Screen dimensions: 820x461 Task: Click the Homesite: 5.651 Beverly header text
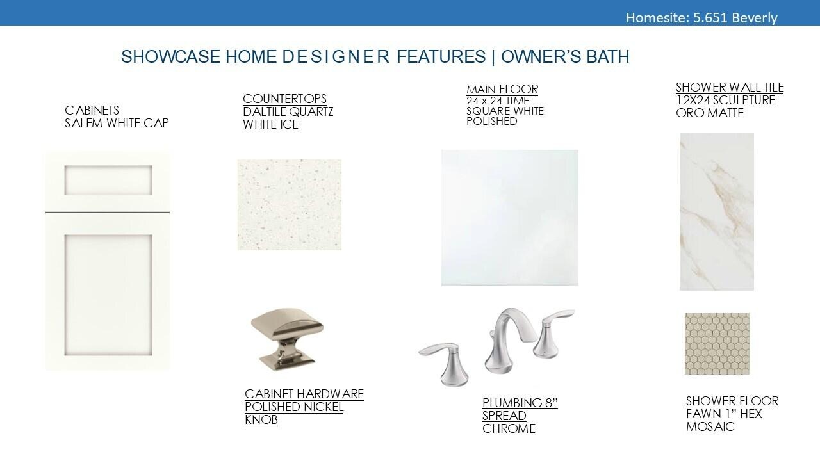click(x=701, y=17)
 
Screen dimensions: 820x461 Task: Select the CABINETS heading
click(x=92, y=110)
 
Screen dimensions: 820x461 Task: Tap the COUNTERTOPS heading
click(x=284, y=99)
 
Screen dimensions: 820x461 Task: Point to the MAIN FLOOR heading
click(x=502, y=89)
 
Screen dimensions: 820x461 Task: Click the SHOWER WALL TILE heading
click(x=730, y=88)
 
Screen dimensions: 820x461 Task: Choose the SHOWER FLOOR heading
click(x=732, y=401)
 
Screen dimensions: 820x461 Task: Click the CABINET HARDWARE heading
click(x=304, y=394)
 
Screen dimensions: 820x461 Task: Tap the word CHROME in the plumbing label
click(x=509, y=428)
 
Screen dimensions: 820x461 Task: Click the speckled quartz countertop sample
click(x=289, y=205)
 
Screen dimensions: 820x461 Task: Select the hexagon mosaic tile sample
click(x=717, y=344)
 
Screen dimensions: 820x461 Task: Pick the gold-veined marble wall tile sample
click(x=717, y=212)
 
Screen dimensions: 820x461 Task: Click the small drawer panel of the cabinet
click(x=108, y=180)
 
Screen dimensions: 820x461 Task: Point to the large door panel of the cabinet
click(x=108, y=295)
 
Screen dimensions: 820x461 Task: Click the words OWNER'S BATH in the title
click(x=565, y=57)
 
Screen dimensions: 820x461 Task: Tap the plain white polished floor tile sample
click(x=510, y=217)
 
